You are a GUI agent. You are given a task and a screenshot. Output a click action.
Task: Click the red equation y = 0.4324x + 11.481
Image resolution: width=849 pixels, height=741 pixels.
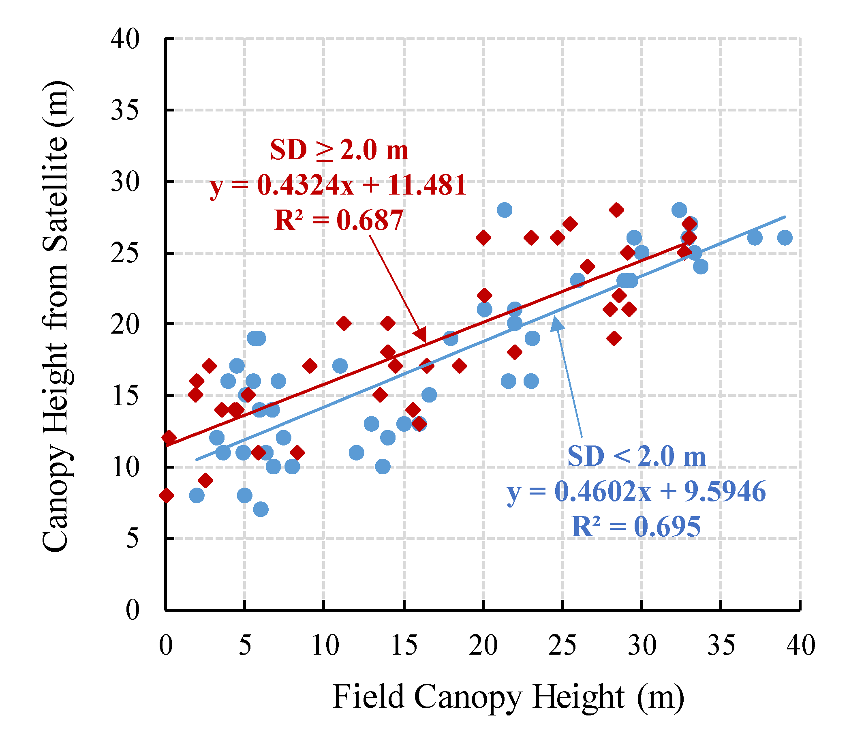338,185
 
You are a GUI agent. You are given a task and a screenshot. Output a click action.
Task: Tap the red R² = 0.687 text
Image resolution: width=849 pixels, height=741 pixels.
338,220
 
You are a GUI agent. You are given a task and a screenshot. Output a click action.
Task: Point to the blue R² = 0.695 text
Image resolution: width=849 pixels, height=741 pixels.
636,527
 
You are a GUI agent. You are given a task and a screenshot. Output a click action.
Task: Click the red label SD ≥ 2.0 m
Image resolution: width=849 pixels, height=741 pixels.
339,150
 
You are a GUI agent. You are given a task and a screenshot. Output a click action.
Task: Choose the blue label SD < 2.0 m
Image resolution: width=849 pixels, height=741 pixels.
637,456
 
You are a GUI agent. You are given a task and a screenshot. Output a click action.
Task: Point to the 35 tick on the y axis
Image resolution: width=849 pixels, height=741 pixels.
125,110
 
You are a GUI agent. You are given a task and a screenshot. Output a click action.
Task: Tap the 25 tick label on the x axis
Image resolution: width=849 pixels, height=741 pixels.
562,645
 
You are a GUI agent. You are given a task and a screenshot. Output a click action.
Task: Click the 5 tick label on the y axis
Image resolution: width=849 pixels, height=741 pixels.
132,539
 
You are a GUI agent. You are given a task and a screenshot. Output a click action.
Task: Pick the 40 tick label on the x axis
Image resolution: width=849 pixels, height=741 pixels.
801,645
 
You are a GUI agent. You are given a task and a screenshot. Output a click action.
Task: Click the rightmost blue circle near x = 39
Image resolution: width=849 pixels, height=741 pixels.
785,238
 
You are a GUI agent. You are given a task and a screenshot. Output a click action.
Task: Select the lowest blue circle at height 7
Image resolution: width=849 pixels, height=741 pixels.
261,510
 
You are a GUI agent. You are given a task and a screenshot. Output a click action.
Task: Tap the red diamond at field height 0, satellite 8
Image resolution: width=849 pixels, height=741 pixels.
167,495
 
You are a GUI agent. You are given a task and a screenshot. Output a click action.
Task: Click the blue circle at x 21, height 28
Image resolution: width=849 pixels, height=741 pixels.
505,210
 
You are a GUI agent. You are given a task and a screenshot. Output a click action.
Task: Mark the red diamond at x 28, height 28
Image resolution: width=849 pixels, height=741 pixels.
616,210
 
